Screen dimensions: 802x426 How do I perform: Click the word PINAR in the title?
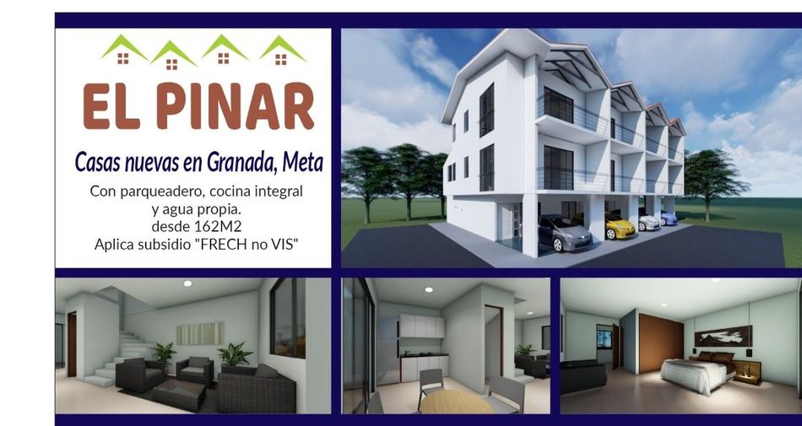pos(236,105)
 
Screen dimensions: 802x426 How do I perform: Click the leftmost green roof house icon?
pos(123,49)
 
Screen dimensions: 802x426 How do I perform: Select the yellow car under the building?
pos(620,226)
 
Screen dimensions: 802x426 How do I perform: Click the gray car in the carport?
pos(564,233)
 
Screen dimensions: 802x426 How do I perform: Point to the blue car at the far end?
pos(668,218)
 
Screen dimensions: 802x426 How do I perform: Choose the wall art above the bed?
pos(723,336)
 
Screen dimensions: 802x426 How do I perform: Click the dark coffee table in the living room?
pos(179,394)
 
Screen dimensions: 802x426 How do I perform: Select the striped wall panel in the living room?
pos(200,333)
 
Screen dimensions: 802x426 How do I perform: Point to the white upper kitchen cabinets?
pos(422,326)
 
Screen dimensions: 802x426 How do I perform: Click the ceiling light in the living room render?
pos(187,283)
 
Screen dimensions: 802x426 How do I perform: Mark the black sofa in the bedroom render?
pos(583,376)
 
